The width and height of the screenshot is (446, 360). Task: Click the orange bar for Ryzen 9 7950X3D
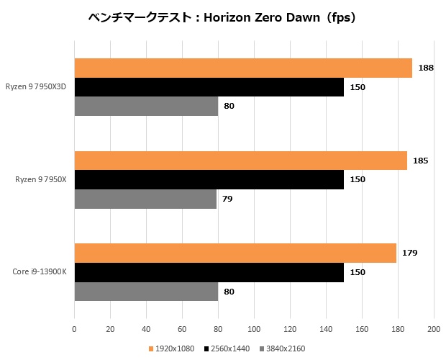coord(243,68)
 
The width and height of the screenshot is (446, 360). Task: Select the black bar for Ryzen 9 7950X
coord(209,179)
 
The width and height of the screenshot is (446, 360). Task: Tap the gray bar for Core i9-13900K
coord(146,292)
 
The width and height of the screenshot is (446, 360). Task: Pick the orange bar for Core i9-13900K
coord(235,253)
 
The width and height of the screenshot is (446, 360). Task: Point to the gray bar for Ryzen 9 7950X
coord(145,199)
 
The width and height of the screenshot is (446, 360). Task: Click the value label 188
coord(425,68)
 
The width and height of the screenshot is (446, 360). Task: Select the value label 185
coord(420,161)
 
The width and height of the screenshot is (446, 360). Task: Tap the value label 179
coord(409,253)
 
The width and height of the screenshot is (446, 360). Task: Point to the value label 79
coord(227,199)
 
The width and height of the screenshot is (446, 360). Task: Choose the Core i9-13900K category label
coord(40,272)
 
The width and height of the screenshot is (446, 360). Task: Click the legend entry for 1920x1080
coord(173,348)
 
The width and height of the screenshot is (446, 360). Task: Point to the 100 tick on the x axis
coord(254,329)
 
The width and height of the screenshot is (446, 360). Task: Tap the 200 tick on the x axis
coord(433,329)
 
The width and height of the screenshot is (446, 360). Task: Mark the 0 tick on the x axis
coord(74,329)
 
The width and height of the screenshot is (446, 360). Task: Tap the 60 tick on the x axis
coord(182,329)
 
